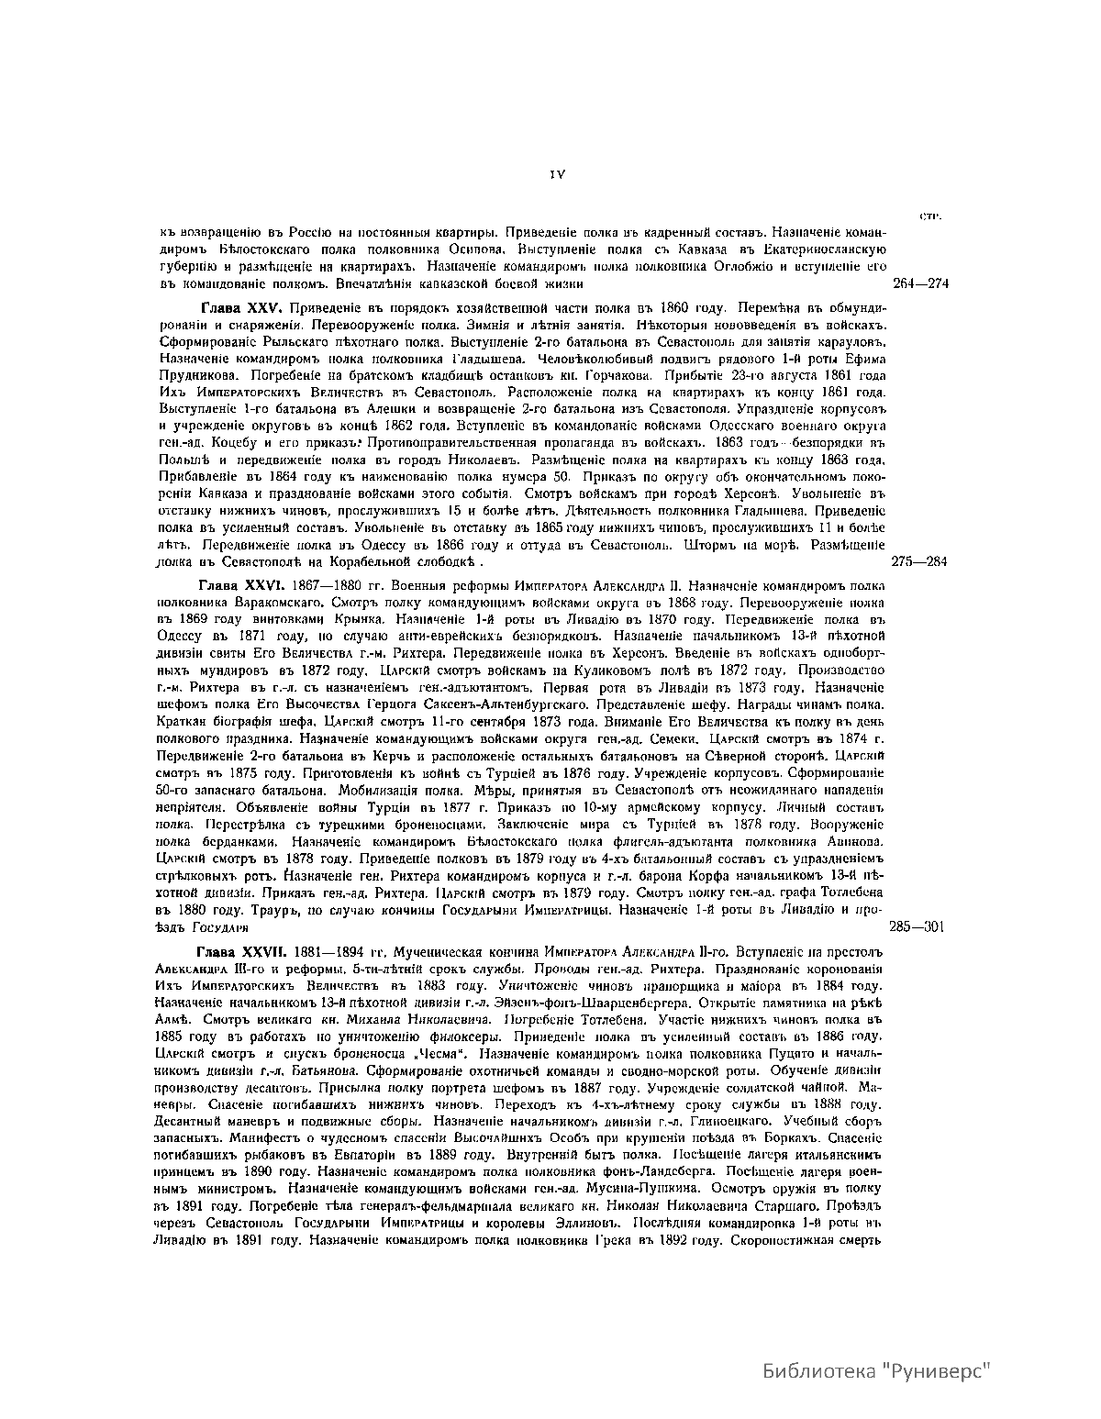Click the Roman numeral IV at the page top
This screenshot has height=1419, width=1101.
click(556, 172)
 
